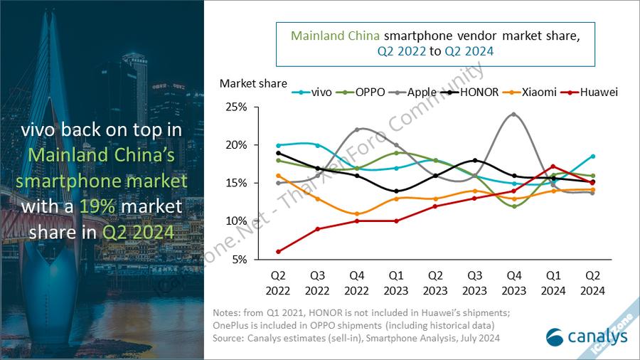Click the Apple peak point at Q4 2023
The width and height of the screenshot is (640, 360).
click(x=513, y=114)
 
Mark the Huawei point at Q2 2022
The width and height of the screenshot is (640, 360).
click(x=278, y=251)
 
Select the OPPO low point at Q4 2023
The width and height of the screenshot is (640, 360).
click(x=513, y=206)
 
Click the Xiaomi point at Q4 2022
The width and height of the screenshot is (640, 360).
click(x=357, y=213)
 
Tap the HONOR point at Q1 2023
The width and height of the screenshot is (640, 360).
click(x=396, y=191)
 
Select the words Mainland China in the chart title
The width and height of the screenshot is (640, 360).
click(x=336, y=36)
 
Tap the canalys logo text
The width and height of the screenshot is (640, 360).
click(x=587, y=336)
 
